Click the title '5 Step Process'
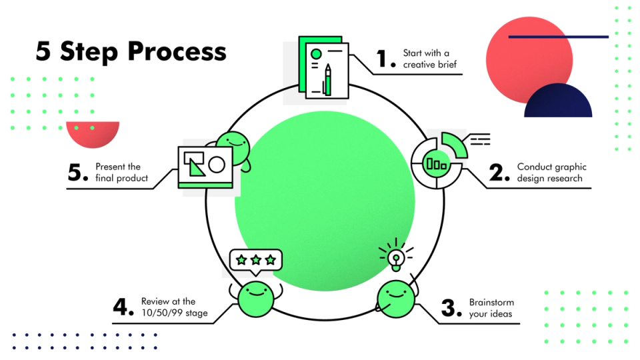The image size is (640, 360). point(131,51)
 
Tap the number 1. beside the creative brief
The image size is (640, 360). point(386,59)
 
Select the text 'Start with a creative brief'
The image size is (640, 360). point(426,59)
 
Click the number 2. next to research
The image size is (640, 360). point(500,173)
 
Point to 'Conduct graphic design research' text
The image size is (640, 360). point(551,173)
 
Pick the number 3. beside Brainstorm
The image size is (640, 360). point(452,308)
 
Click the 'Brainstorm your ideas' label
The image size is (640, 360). point(491,308)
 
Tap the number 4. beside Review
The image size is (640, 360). point(124,307)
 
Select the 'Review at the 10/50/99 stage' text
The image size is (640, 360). point(174,307)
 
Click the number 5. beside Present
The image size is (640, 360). point(78,173)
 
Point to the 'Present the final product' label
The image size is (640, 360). point(121,173)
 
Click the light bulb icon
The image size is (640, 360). point(396,257)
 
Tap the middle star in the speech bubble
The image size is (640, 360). point(255,259)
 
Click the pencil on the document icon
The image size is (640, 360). point(327,80)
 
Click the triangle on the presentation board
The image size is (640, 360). point(196,165)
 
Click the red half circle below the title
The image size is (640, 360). point(93,133)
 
